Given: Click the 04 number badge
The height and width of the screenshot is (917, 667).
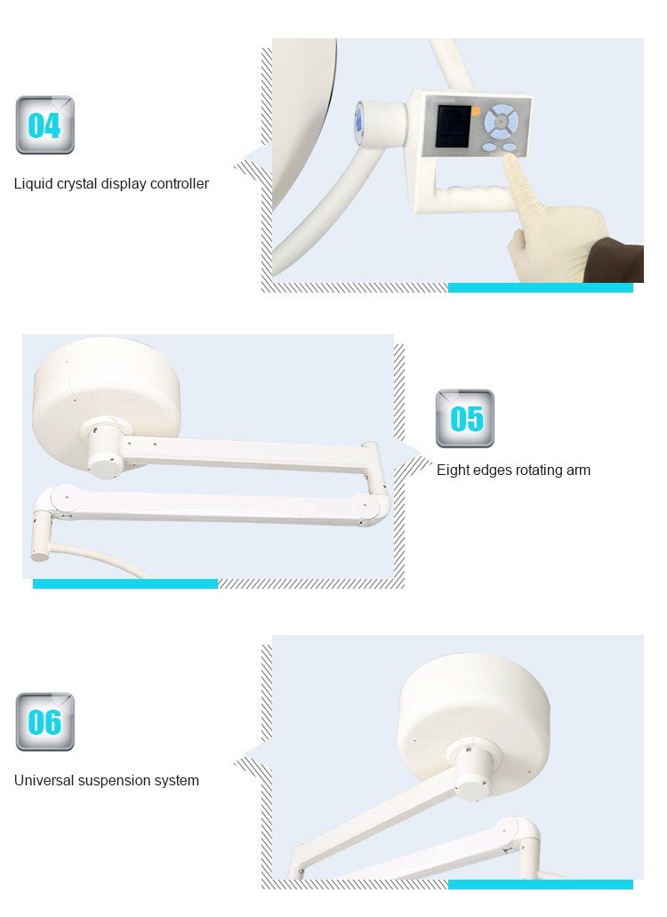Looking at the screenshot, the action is click(x=45, y=125).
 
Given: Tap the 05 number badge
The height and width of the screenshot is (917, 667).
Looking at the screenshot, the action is click(x=465, y=419).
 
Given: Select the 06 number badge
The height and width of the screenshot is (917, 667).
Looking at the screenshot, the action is click(x=45, y=721).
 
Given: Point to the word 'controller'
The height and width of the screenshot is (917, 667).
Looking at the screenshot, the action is click(x=180, y=183).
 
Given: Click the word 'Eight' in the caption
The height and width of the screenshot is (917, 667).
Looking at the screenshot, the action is click(x=452, y=471).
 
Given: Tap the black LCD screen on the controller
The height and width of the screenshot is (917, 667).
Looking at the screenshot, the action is click(x=453, y=127).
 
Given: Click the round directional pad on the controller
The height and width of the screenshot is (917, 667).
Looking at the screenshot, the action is click(x=501, y=121).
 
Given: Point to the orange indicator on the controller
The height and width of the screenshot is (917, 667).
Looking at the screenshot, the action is click(x=475, y=111).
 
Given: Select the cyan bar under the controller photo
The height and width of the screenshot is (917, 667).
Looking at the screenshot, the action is click(x=540, y=288).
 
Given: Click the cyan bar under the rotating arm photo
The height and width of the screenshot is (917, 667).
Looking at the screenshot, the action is click(x=125, y=583).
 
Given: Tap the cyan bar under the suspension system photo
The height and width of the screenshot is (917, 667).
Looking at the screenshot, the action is click(x=540, y=884).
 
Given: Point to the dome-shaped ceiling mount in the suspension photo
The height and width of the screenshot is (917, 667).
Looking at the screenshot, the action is click(x=473, y=711).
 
